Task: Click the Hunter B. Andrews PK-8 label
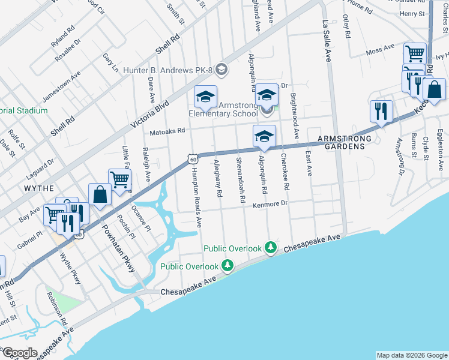(x=169, y=70)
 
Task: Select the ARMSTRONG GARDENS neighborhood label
(x=341, y=142)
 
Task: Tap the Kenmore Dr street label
(x=270, y=204)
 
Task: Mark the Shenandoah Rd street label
(x=241, y=179)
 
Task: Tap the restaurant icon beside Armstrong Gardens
(x=381, y=111)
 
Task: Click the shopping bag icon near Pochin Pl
(x=100, y=194)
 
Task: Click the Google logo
(x=19, y=353)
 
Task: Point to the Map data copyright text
(x=412, y=355)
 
